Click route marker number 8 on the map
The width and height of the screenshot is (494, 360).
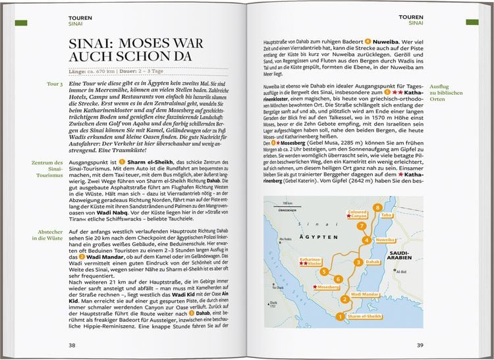tap(377, 208)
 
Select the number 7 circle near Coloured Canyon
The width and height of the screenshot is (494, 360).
tap(362, 226)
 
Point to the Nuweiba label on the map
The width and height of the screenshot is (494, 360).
tap(385, 241)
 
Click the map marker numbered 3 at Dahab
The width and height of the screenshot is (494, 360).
tap(357, 262)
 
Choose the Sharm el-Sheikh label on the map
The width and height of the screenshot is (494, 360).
tap(364, 317)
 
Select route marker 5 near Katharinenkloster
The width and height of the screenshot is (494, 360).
tap(323, 271)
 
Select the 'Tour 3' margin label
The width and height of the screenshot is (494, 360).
tap(55, 85)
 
